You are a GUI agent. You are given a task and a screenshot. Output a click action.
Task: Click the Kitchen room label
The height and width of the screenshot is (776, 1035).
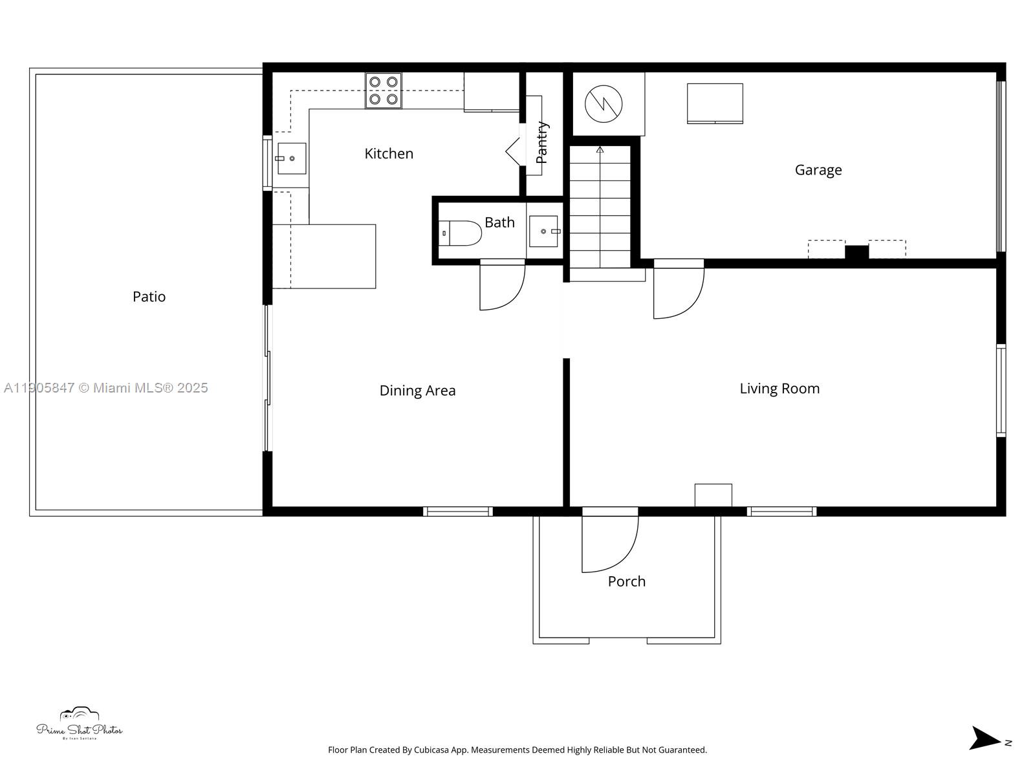[389, 154]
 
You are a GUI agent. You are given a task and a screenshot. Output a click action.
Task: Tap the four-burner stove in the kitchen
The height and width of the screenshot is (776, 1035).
[383, 91]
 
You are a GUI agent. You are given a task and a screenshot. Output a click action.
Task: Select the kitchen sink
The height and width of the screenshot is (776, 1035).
[292, 158]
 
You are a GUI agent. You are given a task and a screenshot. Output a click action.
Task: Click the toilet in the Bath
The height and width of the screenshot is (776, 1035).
[460, 233]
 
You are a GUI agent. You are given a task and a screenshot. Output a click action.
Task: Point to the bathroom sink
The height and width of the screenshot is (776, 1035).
[543, 232]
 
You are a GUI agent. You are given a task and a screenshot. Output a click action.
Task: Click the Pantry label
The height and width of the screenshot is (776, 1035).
[542, 142]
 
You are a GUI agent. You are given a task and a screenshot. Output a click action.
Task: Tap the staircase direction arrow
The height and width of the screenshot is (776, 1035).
[600, 151]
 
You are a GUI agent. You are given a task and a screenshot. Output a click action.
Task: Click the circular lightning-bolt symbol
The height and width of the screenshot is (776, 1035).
[604, 103]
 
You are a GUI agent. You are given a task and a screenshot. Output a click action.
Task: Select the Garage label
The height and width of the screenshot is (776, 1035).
[818, 170]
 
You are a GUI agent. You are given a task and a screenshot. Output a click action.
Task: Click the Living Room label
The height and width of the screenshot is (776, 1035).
[779, 389]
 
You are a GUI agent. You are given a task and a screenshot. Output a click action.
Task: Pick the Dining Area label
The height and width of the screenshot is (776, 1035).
[417, 391]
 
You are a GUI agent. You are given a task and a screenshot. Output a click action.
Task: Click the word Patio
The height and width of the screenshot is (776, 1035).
[149, 297]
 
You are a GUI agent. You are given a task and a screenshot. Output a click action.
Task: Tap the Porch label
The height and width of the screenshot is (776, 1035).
[626, 581]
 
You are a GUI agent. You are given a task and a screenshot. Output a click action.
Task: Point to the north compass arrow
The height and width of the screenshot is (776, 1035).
[985, 738]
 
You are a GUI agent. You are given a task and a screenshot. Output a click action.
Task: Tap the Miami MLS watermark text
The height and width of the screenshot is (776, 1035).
[105, 388]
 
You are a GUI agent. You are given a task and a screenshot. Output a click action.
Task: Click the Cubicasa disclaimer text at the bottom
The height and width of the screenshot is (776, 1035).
[517, 750]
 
